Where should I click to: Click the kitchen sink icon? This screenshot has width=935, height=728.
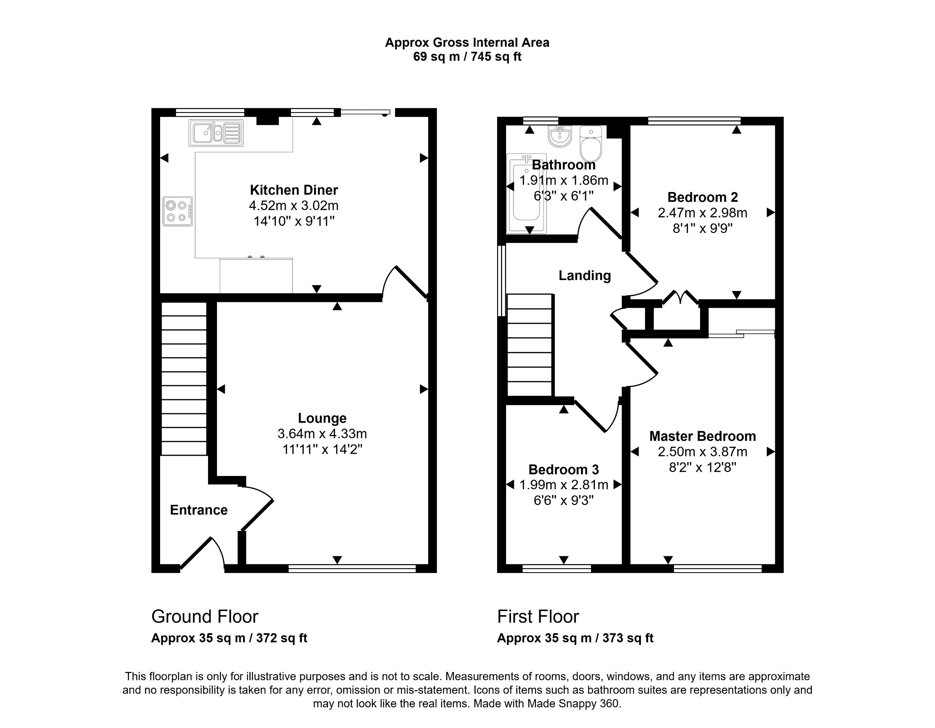click(x=216, y=133)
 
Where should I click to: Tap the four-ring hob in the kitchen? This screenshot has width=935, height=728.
click(x=178, y=211)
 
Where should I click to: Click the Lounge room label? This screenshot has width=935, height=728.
click(x=322, y=418)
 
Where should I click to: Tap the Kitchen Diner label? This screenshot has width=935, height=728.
click(x=294, y=190)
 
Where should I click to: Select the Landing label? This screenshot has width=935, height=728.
click(x=584, y=276)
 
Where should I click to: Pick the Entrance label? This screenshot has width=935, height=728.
click(x=199, y=510)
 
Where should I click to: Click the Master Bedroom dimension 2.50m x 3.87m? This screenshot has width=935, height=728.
click(x=702, y=452)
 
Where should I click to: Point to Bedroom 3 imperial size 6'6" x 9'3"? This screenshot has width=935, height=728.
click(x=563, y=500)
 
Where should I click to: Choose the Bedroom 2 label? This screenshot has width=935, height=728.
click(x=702, y=197)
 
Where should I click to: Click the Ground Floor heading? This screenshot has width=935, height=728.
click(x=205, y=617)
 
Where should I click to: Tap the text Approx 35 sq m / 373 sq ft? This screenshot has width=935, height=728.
click(x=575, y=638)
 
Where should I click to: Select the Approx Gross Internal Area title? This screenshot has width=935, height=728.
click(x=467, y=43)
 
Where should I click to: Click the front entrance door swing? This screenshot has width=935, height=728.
click(x=201, y=554)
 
